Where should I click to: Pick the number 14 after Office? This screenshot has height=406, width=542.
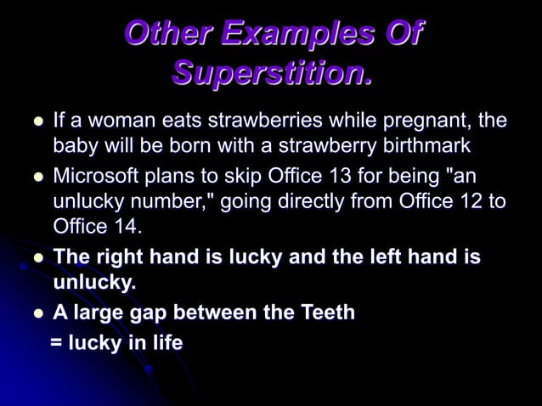click(121, 228)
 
